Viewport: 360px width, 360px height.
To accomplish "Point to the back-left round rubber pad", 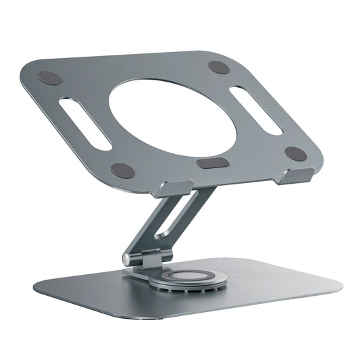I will click(x=51, y=78).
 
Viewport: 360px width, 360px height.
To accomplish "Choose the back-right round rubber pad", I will click(x=219, y=68).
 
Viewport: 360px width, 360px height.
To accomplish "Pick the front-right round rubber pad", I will click(x=295, y=153).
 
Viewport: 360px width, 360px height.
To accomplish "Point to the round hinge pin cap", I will click(x=127, y=258).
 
